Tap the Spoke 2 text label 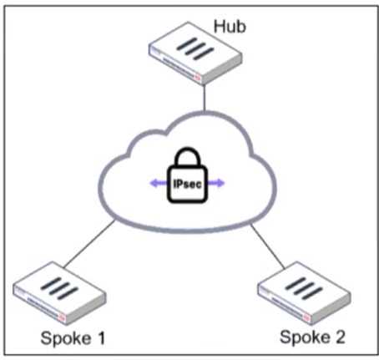click(x=312, y=337)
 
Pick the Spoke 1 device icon click(x=58, y=288)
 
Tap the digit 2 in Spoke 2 click(x=340, y=337)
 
